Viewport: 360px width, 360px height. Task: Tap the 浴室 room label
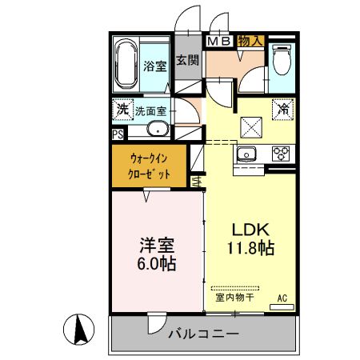click(154, 67)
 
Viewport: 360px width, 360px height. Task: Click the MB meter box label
click(220, 40)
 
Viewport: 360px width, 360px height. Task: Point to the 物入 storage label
click(251, 40)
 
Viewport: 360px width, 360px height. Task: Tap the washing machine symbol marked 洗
click(122, 109)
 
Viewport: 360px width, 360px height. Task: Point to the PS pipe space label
click(118, 134)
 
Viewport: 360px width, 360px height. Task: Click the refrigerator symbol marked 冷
click(282, 109)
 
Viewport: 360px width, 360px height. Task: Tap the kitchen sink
click(246, 154)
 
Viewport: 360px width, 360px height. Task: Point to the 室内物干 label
click(234, 298)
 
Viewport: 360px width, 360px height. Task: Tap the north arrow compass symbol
click(80, 328)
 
